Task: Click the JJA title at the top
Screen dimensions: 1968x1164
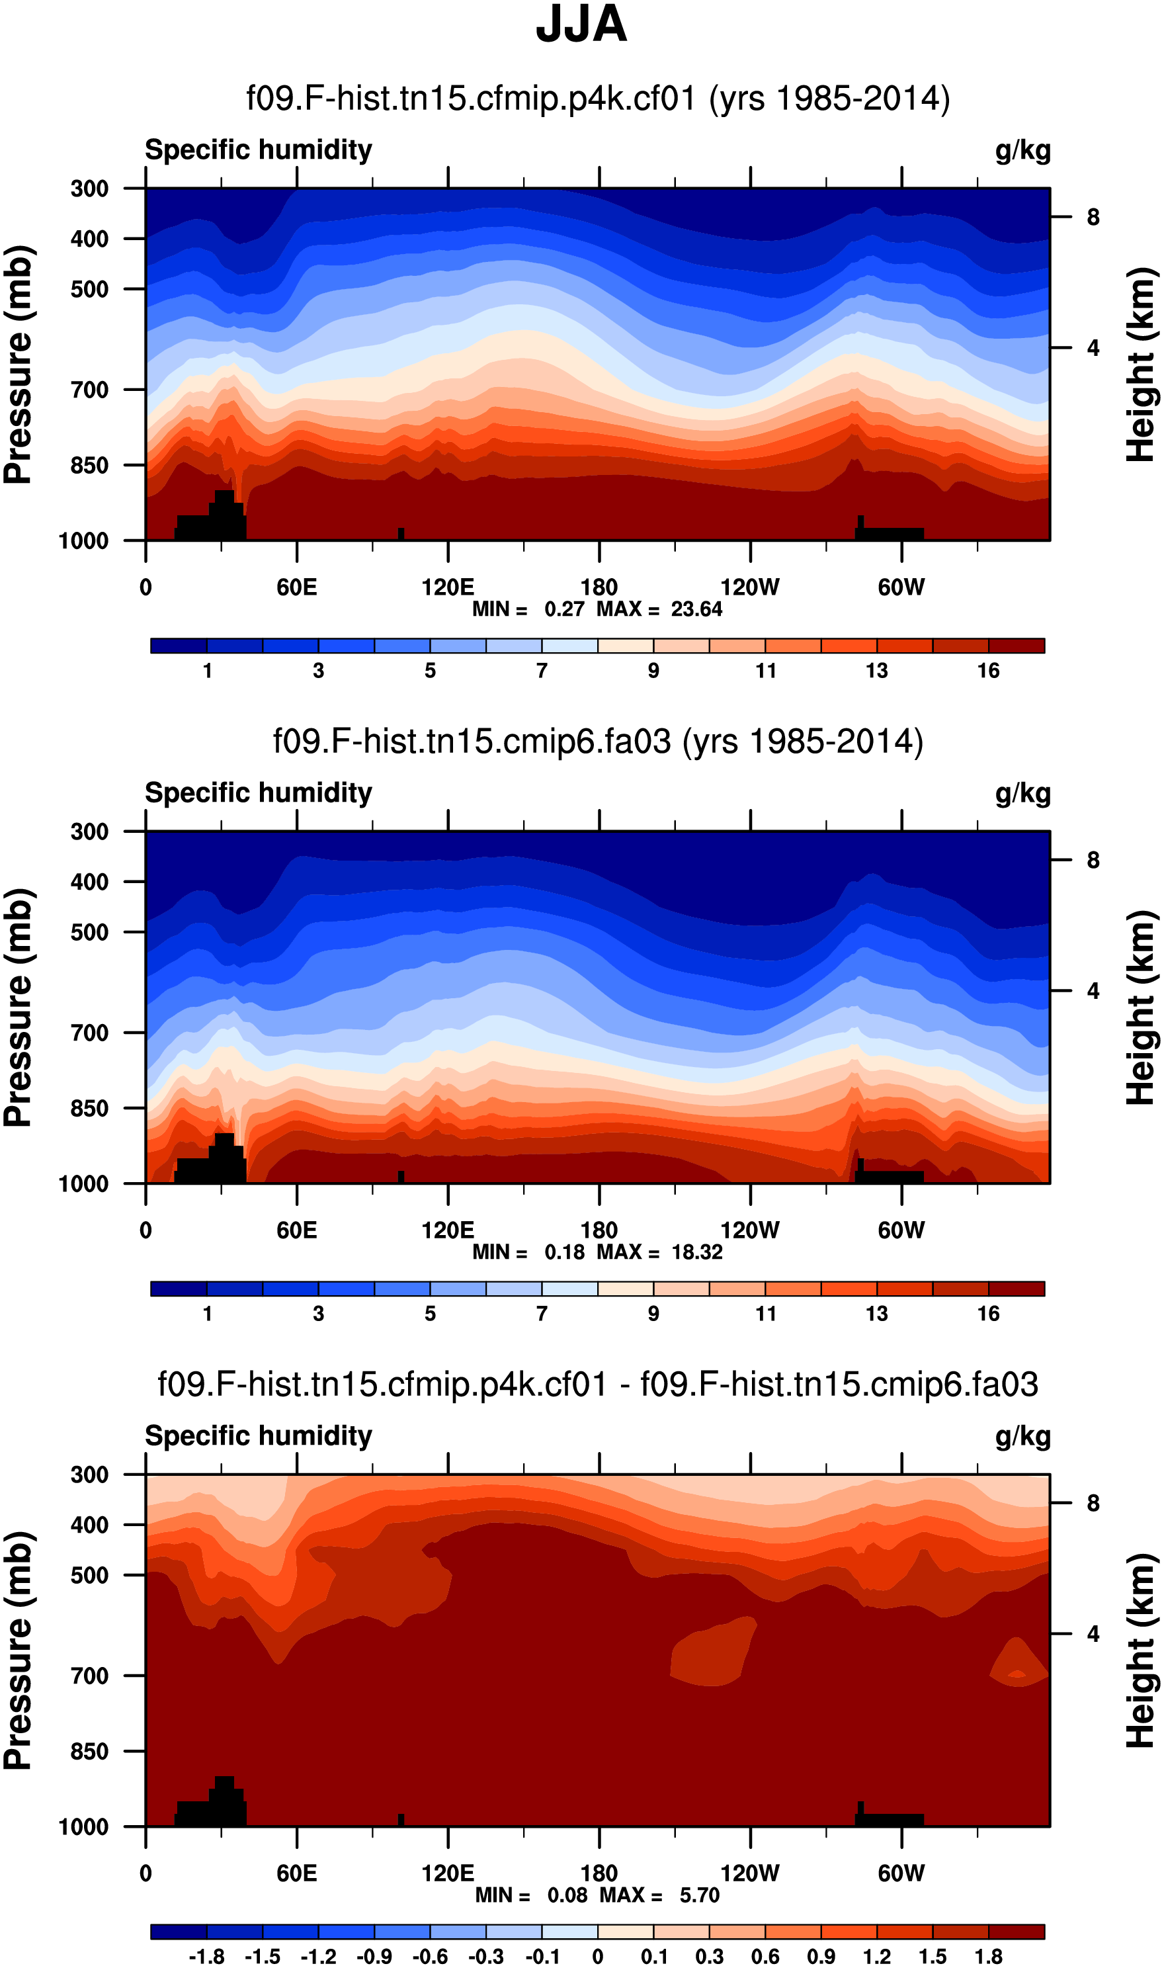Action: pyautogui.click(x=581, y=24)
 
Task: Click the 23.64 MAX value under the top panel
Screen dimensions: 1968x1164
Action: pyautogui.click(x=696, y=609)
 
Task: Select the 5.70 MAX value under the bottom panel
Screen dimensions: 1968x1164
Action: pyautogui.click(x=700, y=1896)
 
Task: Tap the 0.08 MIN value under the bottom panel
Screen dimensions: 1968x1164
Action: pyautogui.click(x=567, y=1896)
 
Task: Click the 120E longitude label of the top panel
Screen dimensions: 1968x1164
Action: pyautogui.click(x=448, y=587)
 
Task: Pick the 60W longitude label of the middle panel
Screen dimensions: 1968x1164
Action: pyautogui.click(x=901, y=1230)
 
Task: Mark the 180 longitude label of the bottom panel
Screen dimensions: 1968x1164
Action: pyautogui.click(x=599, y=1873)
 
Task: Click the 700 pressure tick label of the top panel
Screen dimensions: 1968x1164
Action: pyautogui.click(x=89, y=390)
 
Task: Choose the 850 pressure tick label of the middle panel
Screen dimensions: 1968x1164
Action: pyautogui.click(x=89, y=1108)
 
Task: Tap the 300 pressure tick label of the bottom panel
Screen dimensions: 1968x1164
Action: pyautogui.click(x=89, y=1475)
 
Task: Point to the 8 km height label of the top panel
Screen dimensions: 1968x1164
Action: pyautogui.click(x=1093, y=217)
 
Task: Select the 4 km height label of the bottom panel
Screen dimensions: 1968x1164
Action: pyautogui.click(x=1093, y=1634)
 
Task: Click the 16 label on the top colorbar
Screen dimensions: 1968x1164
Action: pyautogui.click(x=988, y=671)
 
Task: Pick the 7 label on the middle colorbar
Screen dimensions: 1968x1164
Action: pyautogui.click(x=542, y=1314)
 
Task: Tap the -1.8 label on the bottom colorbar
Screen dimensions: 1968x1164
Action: pyautogui.click(x=207, y=1957)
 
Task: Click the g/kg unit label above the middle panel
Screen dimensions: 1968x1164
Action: pyautogui.click(x=1023, y=793)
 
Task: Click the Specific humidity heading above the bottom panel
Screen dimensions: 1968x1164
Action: pyautogui.click(x=259, y=1436)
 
